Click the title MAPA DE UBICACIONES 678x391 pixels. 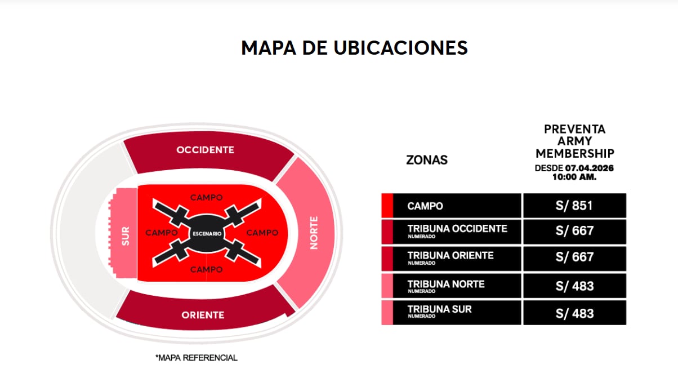pos(354,48)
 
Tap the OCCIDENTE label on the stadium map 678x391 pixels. pos(205,150)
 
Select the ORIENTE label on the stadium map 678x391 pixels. pos(203,315)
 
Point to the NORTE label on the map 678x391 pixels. pos(314,232)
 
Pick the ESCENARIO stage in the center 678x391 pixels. pos(207,233)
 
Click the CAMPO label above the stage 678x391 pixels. pos(206,198)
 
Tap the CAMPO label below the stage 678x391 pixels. pos(206,270)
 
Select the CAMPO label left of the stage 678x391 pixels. pos(162,233)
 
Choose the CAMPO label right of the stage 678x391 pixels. pos(262,233)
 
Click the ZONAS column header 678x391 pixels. pos(427,160)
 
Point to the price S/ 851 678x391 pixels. pos(574,206)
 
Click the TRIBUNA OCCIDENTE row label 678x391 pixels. pos(457,229)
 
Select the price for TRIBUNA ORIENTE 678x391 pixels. pos(574,257)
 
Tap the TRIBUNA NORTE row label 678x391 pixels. pos(445,284)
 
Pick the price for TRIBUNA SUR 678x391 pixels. pos(574,313)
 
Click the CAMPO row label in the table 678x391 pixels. pos(425,206)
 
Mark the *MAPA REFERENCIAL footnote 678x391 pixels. pos(197,358)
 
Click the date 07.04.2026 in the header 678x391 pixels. pos(590,168)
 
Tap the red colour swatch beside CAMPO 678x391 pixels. pos(387,206)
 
